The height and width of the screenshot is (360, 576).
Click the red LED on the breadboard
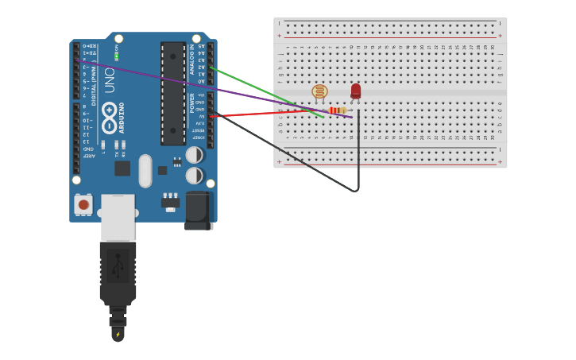coord(355,91)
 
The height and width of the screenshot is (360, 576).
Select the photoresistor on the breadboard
coord(319,91)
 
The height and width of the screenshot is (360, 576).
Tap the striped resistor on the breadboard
coord(338,110)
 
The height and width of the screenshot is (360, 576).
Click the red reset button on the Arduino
coord(83,204)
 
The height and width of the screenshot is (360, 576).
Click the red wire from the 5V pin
coord(262,114)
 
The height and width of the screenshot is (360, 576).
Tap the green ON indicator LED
coord(116,56)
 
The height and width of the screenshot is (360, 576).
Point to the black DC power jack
coord(199,211)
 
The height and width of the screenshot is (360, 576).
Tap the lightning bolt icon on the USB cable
coord(118,335)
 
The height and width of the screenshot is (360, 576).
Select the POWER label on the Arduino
coord(191,103)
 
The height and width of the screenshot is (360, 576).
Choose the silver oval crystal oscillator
coord(145,170)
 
